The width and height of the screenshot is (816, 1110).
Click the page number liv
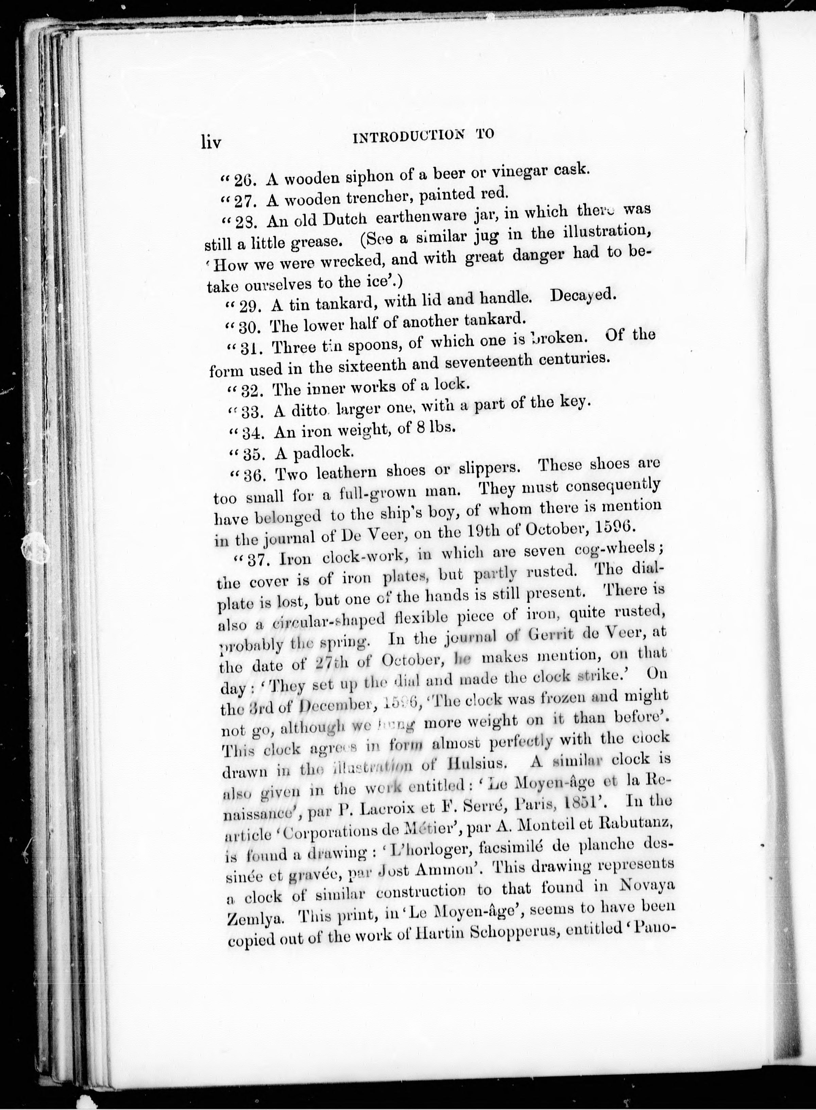click(x=212, y=142)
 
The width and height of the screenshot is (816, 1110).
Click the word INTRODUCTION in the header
click(x=409, y=137)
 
